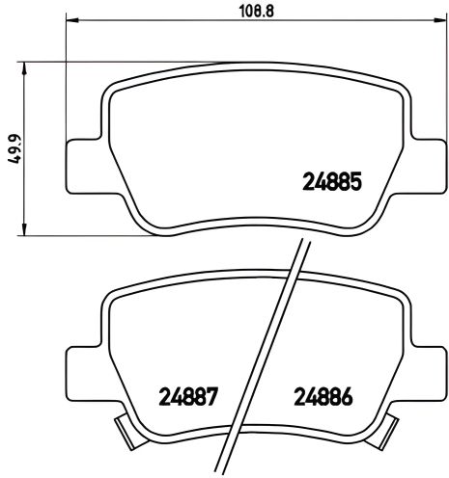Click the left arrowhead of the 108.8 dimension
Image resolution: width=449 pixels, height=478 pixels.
click(70, 25)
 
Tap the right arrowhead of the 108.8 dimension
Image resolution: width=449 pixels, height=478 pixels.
click(430, 25)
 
